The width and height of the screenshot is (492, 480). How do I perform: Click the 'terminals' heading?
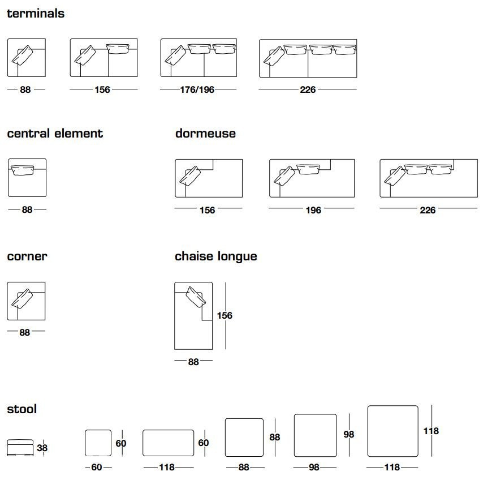point(36,14)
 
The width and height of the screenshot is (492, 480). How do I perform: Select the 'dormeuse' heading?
point(205,133)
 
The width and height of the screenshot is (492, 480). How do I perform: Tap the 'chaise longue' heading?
point(216,256)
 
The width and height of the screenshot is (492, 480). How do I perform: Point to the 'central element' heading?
point(55,133)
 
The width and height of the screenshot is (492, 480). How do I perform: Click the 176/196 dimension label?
point(197,89)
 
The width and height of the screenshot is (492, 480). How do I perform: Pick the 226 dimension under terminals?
point(308,89)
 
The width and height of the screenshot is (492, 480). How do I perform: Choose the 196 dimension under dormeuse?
point(313,210)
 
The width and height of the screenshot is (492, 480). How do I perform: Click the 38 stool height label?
point(42,448)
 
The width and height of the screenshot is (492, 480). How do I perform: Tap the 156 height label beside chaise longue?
point(225,315)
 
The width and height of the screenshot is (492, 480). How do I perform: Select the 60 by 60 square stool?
point(98,443)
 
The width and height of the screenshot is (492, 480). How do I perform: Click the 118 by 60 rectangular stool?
point(168,443)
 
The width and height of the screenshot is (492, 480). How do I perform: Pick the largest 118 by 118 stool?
point(393,431)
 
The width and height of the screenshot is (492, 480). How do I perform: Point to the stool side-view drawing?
point(20,448)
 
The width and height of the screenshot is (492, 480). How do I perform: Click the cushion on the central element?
point(22,170)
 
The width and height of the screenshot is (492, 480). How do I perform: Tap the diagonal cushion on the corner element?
point(22,299)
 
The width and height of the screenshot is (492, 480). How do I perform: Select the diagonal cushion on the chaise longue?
point(196,297)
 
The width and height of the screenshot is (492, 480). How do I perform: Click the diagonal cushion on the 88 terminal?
point(22,55)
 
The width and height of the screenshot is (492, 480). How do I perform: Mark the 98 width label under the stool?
point(314,467)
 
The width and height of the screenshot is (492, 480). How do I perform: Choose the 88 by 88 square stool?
point(244,438)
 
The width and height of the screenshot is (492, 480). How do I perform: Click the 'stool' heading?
point(22,409)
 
